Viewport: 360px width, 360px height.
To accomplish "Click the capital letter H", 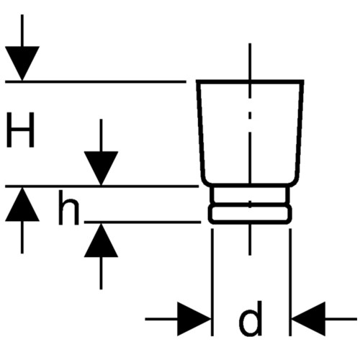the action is [x=20, y=130].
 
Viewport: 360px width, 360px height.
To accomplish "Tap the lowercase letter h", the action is [x=68, y=208].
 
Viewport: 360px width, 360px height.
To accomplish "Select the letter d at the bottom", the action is [x=251, y=318].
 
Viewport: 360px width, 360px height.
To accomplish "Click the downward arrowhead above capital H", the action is [x=22, y=63].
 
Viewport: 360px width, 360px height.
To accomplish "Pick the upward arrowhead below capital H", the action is [x=22, y=204].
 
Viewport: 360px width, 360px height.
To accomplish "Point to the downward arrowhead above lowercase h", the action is [x=101, y=168].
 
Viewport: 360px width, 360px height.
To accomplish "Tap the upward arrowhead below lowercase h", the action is [x=101, y=240].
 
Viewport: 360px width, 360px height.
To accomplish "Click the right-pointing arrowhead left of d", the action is [x=194, y=319].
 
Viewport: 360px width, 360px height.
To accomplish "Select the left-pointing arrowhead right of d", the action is [x=308, y=319].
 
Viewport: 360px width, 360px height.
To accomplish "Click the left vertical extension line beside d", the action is [x=212, y=282].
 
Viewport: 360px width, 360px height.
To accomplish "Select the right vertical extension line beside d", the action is [x=290, y=282].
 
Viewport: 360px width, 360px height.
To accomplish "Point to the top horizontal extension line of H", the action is [x=96, y=82].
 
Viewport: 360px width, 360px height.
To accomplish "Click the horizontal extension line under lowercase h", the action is [x=143, y=222].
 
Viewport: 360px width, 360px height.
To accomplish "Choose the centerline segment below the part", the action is [x=250, y=240].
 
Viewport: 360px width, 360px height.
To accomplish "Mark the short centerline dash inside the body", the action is [x=250, y=115].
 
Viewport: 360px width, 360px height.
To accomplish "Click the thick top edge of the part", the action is [x=251, y=82].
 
